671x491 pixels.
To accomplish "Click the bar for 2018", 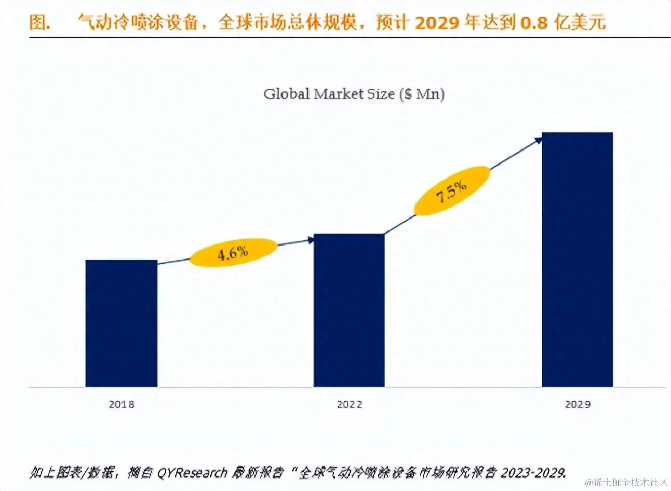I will [x=121, y=323].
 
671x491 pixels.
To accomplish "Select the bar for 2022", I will [x=349, y=310].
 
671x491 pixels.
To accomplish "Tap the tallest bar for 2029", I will [x=577, y=260].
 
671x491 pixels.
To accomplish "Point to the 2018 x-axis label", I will [x=121, y=404].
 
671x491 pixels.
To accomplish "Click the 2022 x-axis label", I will [x=349, y=404].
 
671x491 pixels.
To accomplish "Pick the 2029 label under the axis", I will [x=578, y=404].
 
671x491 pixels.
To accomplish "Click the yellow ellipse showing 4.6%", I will [x=233, y=252].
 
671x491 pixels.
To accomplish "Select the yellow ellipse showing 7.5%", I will [x=452, y=191].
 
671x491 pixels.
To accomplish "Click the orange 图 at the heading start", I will [x=39, y=22].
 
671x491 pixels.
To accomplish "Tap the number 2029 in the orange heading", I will [x=437, y=22].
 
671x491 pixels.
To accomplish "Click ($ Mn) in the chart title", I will [x=422, y=94].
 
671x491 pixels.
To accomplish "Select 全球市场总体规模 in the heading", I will [x=287, y=22].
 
